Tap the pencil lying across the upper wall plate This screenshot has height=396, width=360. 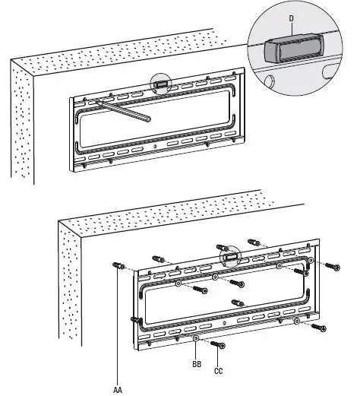(122, 110)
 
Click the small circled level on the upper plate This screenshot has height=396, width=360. (161, 84)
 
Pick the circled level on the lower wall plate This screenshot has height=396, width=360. (229, 256)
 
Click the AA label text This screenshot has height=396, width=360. (117, 388)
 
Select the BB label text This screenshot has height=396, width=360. (196, 365)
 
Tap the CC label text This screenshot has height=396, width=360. (218, 372)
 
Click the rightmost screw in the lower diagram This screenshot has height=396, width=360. (332, 266)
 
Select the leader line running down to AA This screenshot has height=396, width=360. (117, 327)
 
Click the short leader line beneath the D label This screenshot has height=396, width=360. (292, 26)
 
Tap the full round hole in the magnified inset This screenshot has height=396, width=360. (329, 71)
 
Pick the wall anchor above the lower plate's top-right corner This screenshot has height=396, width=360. (257, 243)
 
